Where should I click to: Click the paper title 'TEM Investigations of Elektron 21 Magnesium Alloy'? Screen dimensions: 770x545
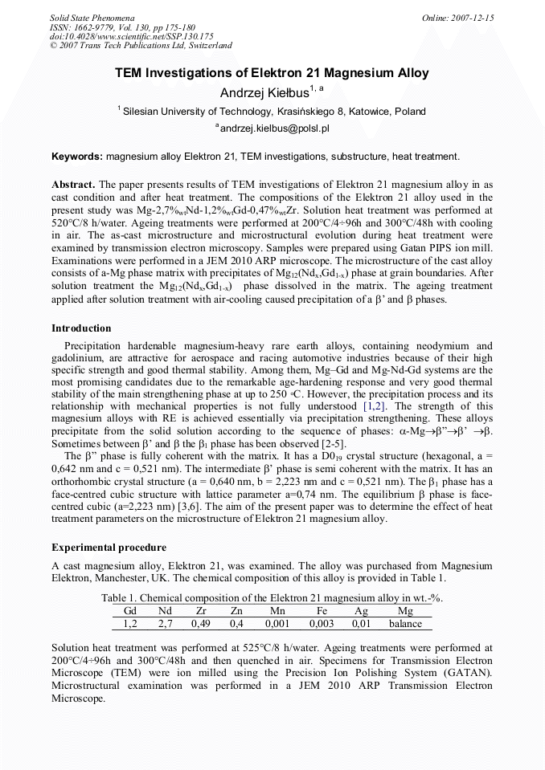[x=272, y=73]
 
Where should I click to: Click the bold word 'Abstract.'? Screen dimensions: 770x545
[x=73, y=184]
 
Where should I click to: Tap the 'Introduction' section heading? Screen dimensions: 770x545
[x=81, y=328]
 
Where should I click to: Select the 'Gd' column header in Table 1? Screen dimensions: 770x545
[x=130, y=611]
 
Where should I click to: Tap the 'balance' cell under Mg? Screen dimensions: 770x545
[x=405, y=623]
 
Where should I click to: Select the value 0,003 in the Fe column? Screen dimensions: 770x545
[x=321, y=623]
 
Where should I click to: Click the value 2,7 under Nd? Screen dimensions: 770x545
[x=165, y=623]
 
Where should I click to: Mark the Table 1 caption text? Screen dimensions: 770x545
[x=272, y=598]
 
